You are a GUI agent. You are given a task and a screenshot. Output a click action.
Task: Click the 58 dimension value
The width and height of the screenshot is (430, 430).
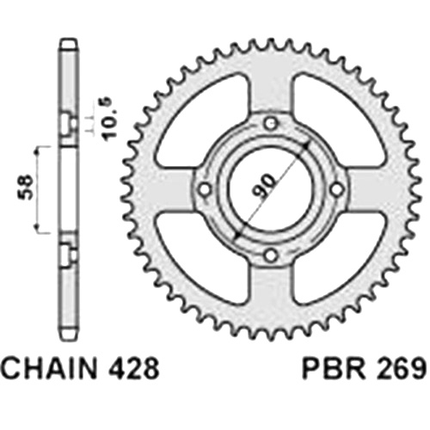click(x=26, y=186)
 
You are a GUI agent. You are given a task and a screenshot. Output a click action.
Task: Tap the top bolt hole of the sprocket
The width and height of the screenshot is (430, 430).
click(x=271, y=124)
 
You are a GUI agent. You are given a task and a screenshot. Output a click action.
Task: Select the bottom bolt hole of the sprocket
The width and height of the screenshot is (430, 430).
click(x=271, y=255)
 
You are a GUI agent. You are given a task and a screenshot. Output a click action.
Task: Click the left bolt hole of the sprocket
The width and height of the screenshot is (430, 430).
click(x=205, y=189)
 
